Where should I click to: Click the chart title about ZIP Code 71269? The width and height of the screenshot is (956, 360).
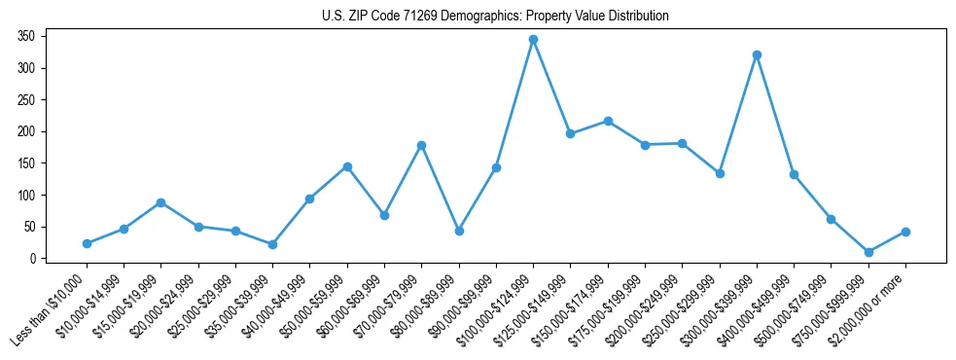(495, 17)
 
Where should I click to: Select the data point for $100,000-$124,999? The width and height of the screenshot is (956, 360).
(533, 40)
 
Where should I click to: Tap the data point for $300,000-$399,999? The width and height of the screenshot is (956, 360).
(757, 54)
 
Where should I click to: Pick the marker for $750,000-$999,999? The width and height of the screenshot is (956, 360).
(868, 252)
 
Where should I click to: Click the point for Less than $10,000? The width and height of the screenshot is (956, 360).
(87, 243)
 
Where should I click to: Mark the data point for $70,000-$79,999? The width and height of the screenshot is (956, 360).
(421, 145)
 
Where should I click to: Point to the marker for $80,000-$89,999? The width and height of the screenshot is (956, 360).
(459, 231)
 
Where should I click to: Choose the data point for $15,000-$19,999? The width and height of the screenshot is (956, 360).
(160, 202)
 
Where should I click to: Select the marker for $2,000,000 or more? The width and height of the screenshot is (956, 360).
(905, 232)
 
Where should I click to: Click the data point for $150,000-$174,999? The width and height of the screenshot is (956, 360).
(608, 121)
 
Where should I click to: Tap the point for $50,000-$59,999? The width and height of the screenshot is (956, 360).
(347, 166)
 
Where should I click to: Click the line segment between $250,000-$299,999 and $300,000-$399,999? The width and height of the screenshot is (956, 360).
(738, 114)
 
